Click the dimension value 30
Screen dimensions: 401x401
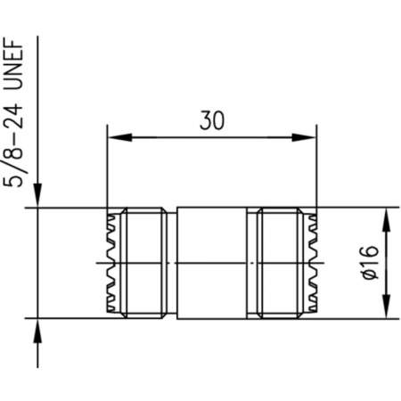coord(211,119)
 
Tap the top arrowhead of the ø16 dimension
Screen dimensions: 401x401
coord(386,218)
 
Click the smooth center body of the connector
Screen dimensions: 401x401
coord(212,263)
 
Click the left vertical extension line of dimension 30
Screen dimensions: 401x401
coord(107,169)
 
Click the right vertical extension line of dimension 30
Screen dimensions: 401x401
coord(317,169)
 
